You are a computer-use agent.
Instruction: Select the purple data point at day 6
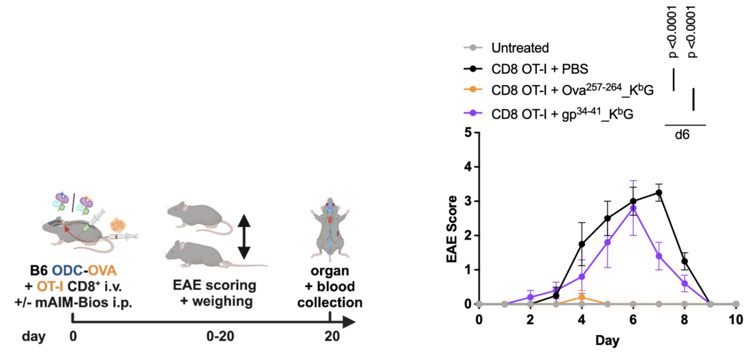click(x=633, y=208)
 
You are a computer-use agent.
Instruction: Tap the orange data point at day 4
click(x=582, y=297)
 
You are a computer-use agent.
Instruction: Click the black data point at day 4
click(x=582, y=244)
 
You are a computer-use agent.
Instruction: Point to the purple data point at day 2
click(x=530, y=297)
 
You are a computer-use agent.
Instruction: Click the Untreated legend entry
click(x=519, y=47)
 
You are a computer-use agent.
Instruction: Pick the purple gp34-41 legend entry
click(x=562, y=113)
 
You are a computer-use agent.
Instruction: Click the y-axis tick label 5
click(x=467, y=133)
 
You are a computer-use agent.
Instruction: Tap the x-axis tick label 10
click(x=736, y=320)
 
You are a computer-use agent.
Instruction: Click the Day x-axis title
click(x=607, y=341)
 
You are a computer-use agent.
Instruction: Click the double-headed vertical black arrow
click(x=244, y=236)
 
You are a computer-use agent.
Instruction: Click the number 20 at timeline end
click(x=329, y=336)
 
